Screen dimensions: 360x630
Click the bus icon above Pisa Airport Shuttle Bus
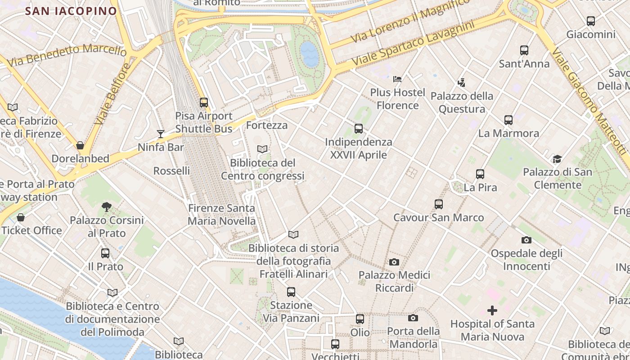[x=204, y=103]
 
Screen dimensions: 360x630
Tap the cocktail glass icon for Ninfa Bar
[x=160, y=134]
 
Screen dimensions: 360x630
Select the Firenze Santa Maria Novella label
[x=221, y=215]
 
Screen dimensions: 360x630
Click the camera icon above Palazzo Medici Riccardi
[x=394, y=262]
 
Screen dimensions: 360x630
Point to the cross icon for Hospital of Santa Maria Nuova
[x=492, y=310]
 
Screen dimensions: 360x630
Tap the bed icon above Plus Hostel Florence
[x=397, y=79]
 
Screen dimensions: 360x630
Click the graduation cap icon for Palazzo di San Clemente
[x=557, y=159]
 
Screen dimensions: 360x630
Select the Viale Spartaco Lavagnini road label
[x=413, y=43]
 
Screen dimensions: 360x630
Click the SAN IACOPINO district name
[x=71, y=11]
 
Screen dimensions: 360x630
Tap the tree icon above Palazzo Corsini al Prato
[x=106, y=207]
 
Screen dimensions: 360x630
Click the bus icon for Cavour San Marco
[x=439, y=204]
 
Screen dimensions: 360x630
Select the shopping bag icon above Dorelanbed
[x=80, y=145]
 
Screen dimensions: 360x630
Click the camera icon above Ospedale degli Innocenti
[x=526, y=240]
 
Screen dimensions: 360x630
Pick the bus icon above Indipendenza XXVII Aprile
[x=358, y=129]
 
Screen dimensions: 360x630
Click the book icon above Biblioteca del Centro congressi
[x=262, y=149]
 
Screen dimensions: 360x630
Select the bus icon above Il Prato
[x=105, y=253]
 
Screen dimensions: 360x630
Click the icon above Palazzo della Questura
[x=461, y=83]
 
